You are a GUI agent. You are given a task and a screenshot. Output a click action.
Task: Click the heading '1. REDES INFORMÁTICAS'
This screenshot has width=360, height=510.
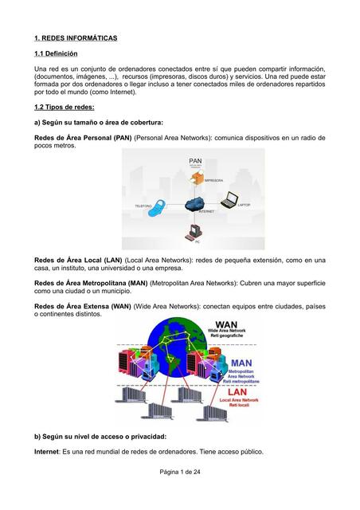click(x=76, y=37)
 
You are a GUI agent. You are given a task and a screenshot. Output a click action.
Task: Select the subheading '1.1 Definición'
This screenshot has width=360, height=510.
click(x=56, y=53)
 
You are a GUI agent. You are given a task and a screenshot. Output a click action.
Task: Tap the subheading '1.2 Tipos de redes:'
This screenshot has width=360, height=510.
click(x=65, y=107)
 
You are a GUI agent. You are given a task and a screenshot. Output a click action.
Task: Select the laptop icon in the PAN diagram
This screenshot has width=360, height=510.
click(x=229, y=200)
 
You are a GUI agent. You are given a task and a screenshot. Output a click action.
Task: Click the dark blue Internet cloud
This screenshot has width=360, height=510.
click(x=195, y=203)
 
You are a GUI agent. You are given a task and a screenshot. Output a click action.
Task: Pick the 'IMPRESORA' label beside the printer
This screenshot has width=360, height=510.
click(x=213, y=181)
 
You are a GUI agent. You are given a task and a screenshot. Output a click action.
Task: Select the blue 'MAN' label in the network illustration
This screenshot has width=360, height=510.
click(x=248, y=363)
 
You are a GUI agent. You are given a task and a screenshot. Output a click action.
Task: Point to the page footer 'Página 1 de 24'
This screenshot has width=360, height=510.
click(x=180, y=473)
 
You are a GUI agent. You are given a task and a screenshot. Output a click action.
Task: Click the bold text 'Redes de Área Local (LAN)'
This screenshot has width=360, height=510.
click(x=78, y=260)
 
